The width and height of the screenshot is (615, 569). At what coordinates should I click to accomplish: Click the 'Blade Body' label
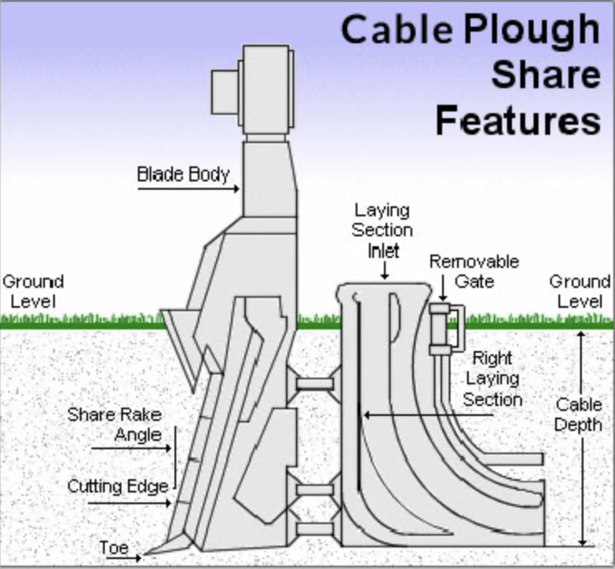[183, 175]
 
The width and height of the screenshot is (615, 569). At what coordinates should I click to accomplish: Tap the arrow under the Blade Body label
[189, 189]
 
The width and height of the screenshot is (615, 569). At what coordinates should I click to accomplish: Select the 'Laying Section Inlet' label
[382, 230]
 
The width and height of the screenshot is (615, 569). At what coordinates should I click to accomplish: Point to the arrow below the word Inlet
[385, 270]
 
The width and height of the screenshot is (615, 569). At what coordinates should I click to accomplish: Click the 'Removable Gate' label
[475, 271]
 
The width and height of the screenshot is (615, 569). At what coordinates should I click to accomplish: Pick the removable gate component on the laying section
[446, 329]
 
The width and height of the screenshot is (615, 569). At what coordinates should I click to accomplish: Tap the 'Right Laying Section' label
[493, 379]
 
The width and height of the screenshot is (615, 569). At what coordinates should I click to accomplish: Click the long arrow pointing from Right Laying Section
[428, 414]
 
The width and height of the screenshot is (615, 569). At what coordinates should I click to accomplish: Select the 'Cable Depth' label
[578, 414]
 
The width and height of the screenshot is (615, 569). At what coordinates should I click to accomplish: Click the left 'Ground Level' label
[33, 291]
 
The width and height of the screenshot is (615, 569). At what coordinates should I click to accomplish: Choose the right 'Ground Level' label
[580, 291]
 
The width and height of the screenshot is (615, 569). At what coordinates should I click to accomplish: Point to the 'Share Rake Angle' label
[115, 424]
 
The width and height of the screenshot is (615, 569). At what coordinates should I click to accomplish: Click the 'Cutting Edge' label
[118, 486]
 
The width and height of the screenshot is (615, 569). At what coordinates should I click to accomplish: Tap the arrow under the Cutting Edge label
[130, 502]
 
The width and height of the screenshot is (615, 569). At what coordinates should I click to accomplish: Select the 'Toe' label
[114, 547]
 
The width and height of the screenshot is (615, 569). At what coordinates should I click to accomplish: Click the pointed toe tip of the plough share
[145, 554]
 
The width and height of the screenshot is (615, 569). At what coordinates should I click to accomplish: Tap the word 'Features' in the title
[519, 120]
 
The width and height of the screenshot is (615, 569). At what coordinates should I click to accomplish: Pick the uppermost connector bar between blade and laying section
[315, 383]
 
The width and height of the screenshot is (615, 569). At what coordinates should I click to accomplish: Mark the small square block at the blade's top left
[225, 92]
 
